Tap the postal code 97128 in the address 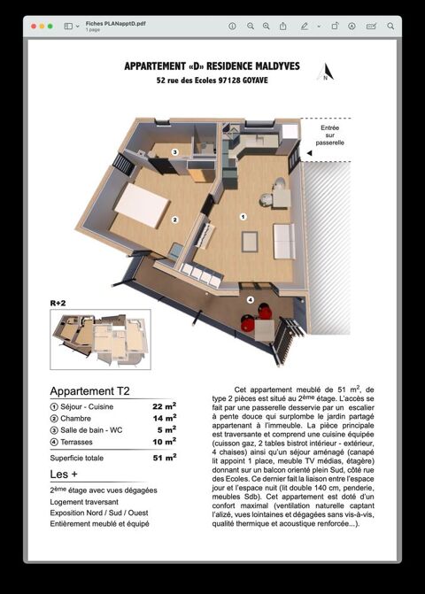tap(229, 81)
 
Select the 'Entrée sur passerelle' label tap(330, 135)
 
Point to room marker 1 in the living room tap(243, 215)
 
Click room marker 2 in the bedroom tap(175, 220)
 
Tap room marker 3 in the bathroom tap(175, 152)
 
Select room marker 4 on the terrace tap(251, 300)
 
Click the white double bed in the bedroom tap(142, 204)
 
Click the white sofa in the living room tap(283, 240)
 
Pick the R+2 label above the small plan tap(58, 303)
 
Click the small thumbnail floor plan tap(100, 338)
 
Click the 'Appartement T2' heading tap(89, 390)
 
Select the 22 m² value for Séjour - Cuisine tap(164, 405)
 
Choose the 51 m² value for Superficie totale tap(164, 458)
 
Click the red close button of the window tap(35, 27)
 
